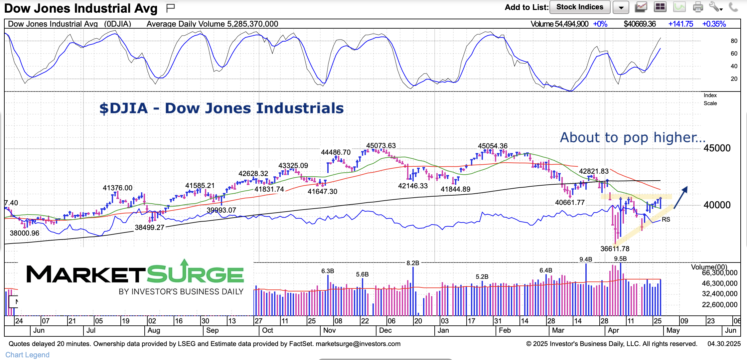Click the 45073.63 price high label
(381, 146)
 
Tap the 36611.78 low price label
(615, 249)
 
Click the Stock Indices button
(580, 7)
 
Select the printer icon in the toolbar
(698, 7)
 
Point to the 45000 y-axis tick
(717, 148)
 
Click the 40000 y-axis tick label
(717, 205)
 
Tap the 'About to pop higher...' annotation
(632, 137)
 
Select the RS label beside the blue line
(666, 220)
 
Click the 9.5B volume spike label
(620, 259)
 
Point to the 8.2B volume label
(413, 263)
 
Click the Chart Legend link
(27, 355)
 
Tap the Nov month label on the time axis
(329, 330)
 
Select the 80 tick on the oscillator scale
(734, 41)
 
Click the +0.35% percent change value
(714, 24)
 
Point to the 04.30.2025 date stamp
(724, 344)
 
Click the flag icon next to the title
(171, 8)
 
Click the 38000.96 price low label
(25, 233)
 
